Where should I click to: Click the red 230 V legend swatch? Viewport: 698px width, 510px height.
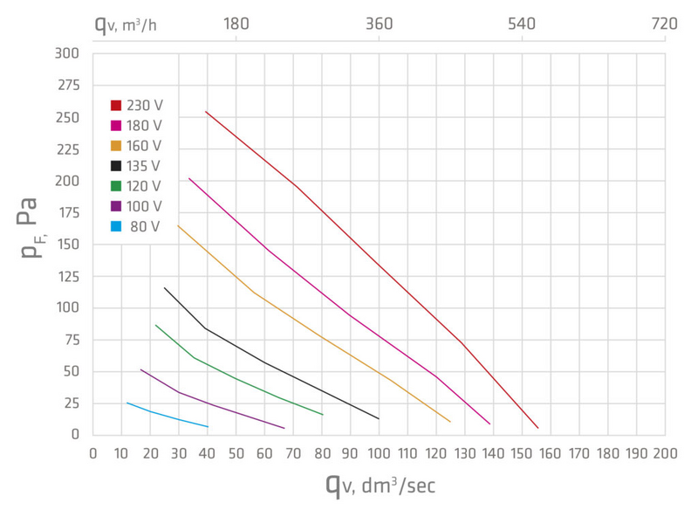click(x=116, y=106)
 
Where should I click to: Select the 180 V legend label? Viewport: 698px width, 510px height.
click(x=144, y=126)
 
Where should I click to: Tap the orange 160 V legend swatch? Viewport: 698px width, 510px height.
click(x=116, y=146)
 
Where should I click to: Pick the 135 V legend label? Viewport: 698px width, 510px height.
click(x=144, y=166)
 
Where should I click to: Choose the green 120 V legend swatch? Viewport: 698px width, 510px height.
click(x=116, y=186)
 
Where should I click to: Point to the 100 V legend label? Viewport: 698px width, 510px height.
click(x=144, y=206)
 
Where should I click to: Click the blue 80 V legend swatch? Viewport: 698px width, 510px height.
click(x=116, y=227)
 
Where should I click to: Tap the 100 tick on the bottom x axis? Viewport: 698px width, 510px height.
click(x=380, y=454)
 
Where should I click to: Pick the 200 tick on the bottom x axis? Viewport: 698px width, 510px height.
click(x=665, y=454)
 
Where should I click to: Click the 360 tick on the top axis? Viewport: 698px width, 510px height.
click(x=380, y=24)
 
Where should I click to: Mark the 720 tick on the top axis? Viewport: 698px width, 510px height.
click(x=664, y=24)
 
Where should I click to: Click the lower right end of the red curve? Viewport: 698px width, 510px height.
click(x=538, y=428)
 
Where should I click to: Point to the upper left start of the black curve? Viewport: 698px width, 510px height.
click(x=164, y=287)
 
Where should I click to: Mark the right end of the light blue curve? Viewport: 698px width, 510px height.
click(x=209, y=426)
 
